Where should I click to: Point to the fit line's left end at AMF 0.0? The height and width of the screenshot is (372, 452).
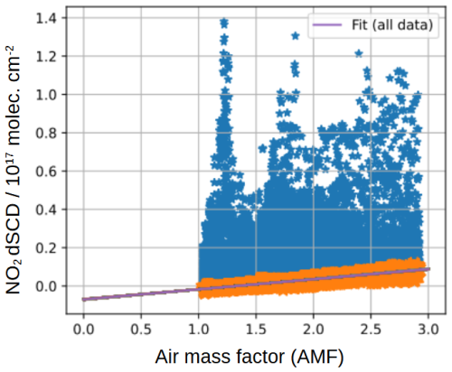[x=84, y=299]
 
